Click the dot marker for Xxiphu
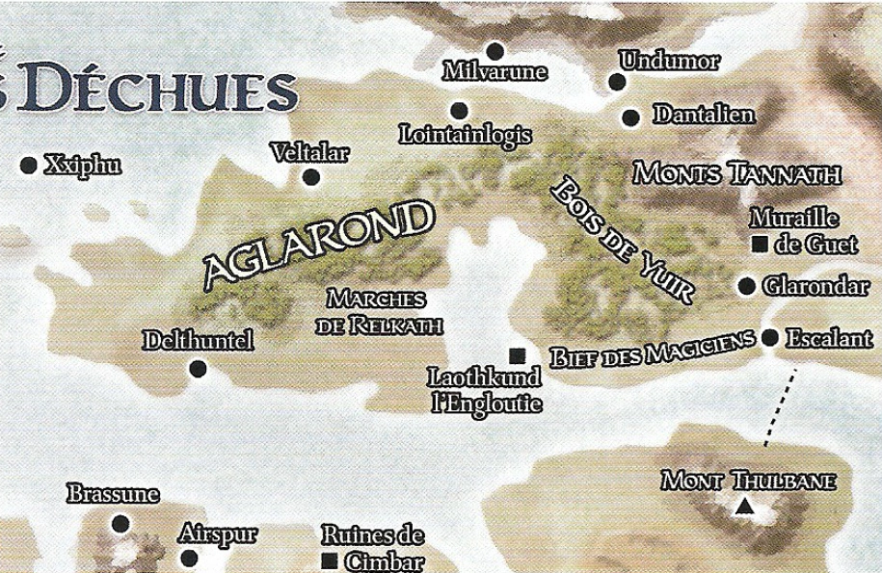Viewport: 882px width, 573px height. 28,166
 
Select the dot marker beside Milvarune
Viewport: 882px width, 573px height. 495,51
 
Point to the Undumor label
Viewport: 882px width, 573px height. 670,62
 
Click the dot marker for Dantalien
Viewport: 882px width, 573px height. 630,117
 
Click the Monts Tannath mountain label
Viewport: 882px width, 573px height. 737,174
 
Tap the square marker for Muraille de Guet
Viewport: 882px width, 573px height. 759,245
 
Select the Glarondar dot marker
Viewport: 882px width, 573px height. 746,286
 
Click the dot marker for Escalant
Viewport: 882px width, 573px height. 770,338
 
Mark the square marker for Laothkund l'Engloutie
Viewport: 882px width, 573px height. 517,355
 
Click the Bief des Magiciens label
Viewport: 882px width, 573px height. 652,352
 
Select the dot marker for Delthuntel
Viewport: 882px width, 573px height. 199,368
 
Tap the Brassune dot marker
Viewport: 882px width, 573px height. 120,524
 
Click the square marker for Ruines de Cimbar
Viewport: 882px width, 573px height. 330,560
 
